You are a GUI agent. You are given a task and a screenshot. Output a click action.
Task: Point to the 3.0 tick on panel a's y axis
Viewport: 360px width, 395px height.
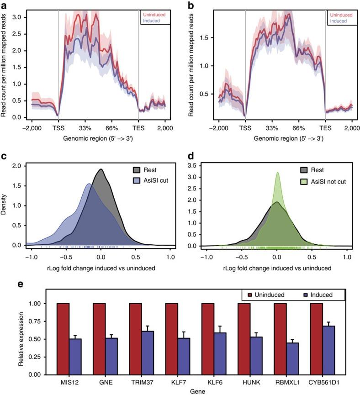[x=17, y=16]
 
